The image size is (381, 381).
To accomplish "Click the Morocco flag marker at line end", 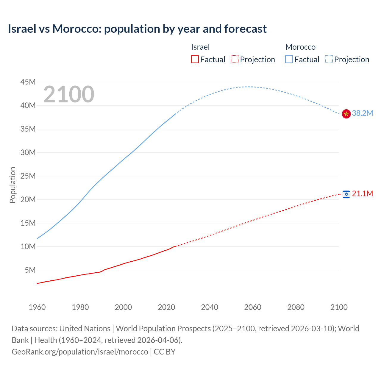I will [x=346, y=114].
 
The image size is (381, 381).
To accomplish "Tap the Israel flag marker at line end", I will [x=346, y=194].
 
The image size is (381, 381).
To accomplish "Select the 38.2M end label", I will [x=362, y=113].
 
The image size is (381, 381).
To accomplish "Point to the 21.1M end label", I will [x=362, y=193].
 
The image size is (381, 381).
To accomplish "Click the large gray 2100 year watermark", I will [x=69, y=94].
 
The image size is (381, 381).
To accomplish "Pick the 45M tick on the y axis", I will [x=28, y=82].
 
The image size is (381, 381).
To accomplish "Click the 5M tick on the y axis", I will [x=30, y=270].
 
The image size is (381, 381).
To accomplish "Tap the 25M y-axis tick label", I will [x=28, y=176].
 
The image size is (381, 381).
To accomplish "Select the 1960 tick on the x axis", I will [x=37, y=307].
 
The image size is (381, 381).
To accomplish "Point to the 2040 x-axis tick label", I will [x=210, y=307].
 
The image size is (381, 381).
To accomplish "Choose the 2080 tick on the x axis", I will [x=296, y=307].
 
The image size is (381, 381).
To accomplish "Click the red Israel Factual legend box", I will [x=195, y=59].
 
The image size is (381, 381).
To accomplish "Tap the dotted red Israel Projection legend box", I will [x=235, y=59].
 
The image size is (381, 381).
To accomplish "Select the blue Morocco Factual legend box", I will [x=289, y=59].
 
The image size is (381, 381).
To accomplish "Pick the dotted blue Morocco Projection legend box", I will [x=329, y=59].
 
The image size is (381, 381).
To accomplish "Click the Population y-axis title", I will [x=13, y=185].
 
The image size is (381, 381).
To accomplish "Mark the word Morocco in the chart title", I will [x=77, y=29].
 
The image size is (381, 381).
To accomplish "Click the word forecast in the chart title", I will [x=246, y=29].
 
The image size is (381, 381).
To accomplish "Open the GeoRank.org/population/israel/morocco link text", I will [x=80, y=352].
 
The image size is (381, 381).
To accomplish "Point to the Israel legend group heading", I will [x=200, y=47].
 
